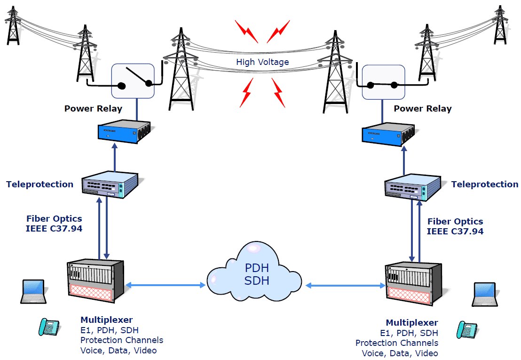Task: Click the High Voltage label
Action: coord(262,62)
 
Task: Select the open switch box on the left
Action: coord(133,81)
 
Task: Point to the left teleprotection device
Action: coord(110,185)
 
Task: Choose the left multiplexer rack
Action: coord(95,281)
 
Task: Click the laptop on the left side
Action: coord(34,292)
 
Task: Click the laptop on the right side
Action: coord(484,295)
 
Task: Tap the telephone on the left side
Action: coord(49,327)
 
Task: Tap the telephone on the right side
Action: coord(466,329)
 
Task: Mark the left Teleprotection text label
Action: coord(40,184)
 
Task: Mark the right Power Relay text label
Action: coord(422,109)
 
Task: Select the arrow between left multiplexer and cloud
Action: coord(166,285)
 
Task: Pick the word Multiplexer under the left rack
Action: coord(106,320)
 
